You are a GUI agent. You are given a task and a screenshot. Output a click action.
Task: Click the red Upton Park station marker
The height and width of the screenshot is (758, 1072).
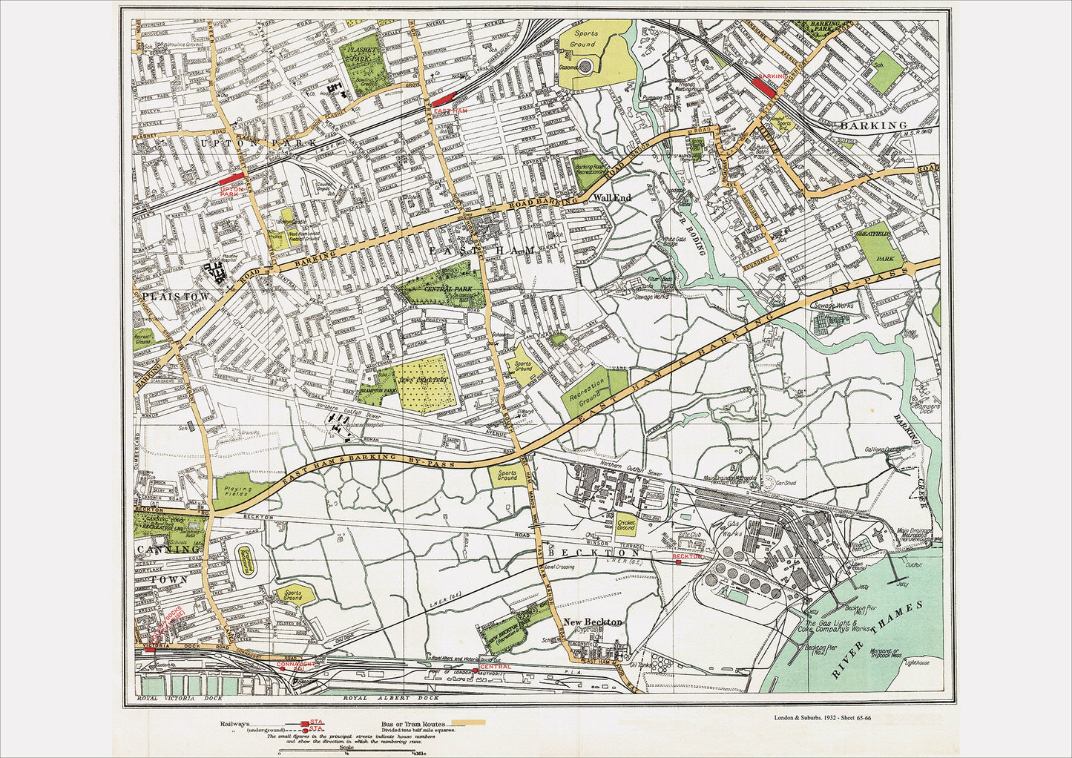(x=231, y=179)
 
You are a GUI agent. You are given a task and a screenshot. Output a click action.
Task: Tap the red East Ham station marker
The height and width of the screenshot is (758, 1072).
(x=445, y=99)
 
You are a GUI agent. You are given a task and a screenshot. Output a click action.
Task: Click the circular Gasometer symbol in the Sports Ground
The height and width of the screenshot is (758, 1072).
(x=586, y=67)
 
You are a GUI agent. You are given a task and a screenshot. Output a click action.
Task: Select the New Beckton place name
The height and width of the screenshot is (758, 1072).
(x=593, y=622)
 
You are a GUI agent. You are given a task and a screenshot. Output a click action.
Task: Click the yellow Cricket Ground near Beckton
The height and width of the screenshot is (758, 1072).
(x=626, y=524)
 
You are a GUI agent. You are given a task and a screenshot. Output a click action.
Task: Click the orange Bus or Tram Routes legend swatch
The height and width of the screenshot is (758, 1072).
(x=468, y=722)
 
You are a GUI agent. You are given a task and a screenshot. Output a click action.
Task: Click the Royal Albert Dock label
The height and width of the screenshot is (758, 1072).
(x=390, y=698)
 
